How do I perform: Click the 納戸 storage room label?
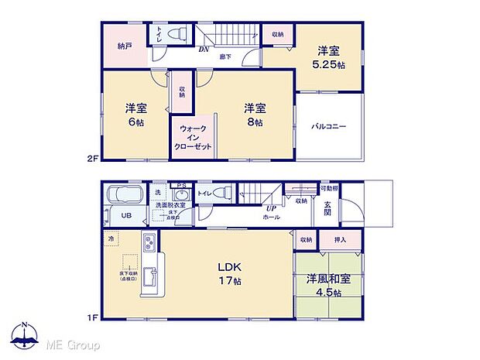[x=125, y=46]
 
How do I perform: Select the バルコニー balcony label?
[x=329, y=125]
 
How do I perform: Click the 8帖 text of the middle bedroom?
[x=255, y=122]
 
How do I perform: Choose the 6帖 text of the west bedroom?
[x=135, y=122]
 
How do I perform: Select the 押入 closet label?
[x=339, y=240]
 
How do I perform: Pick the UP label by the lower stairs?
[x=271, y=208]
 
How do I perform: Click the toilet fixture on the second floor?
[x=177, y=35]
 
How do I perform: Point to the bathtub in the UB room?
[x=123, y=195]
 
